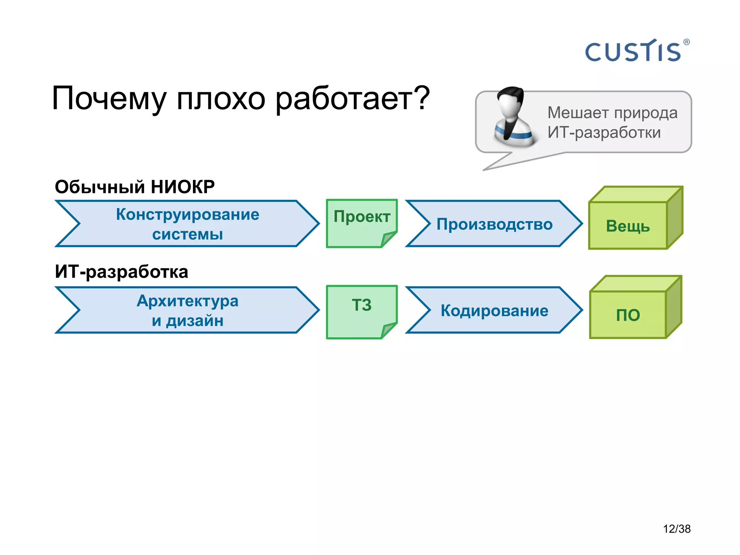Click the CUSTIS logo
(633, 51)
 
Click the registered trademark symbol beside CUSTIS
(687, 42)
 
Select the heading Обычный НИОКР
(134, 187)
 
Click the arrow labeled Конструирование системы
(187, 224)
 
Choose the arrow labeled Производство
(494, 224)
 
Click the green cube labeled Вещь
(628, 226)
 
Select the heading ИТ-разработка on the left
(121, 272)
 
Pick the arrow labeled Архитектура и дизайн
(187, 310)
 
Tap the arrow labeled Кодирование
(494, 310)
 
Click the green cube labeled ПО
(628, 315)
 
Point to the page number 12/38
(676, 529)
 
